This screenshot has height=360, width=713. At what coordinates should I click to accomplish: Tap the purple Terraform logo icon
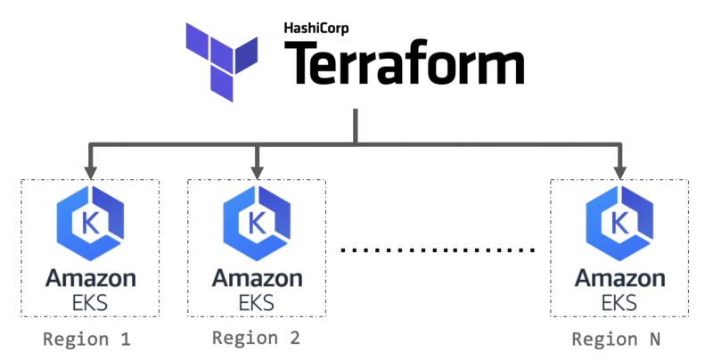point(224,61)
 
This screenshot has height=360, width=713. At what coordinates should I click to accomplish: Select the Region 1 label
point(87,340)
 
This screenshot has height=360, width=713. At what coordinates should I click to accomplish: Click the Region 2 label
point(256,339)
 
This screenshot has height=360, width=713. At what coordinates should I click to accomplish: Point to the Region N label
point(618,340)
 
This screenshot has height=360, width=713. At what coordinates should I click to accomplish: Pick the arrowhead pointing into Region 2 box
point(257,168)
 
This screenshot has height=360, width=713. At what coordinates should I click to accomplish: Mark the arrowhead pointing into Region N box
point(619,168)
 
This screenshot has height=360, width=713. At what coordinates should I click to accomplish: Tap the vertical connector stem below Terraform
point(356,125)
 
